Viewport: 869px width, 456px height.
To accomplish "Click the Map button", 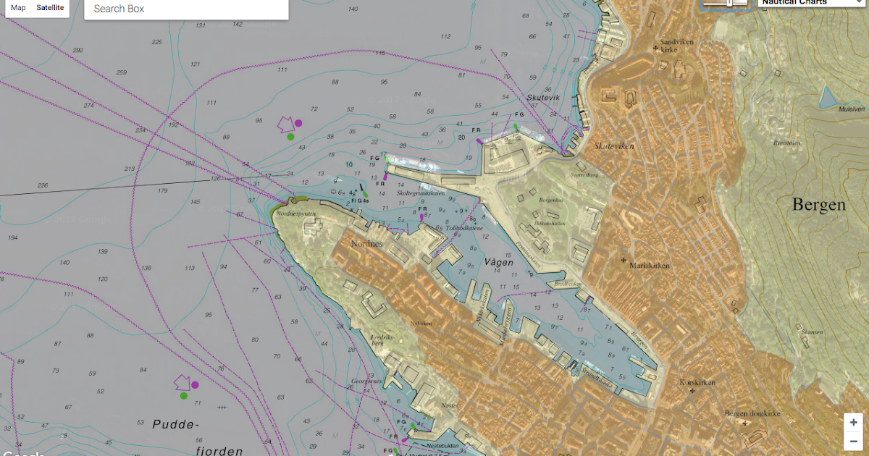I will click(x=18, y=8).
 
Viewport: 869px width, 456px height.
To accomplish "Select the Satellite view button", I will click(x=50, y=8).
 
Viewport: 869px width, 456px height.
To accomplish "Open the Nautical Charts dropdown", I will click(x=811, y=2).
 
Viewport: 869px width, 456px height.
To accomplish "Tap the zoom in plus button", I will click(x=854, y=423).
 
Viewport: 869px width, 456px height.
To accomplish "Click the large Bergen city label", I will click(x=818, y=205).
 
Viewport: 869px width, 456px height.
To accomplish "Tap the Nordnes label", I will click(x=366, y=244).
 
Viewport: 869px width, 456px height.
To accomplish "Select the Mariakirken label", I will click(x=650, y=266).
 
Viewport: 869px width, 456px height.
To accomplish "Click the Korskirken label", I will click(x=698, y=382).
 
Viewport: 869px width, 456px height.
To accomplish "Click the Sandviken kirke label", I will click(x=676, y=46).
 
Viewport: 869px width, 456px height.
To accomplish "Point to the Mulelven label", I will click(x=852, y=109).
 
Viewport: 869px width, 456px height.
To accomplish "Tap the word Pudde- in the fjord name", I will click(x=175, y=424).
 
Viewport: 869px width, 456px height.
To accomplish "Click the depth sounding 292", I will click(x=78, y=51).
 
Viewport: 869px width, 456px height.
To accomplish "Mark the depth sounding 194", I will click(x=12, y=238).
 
